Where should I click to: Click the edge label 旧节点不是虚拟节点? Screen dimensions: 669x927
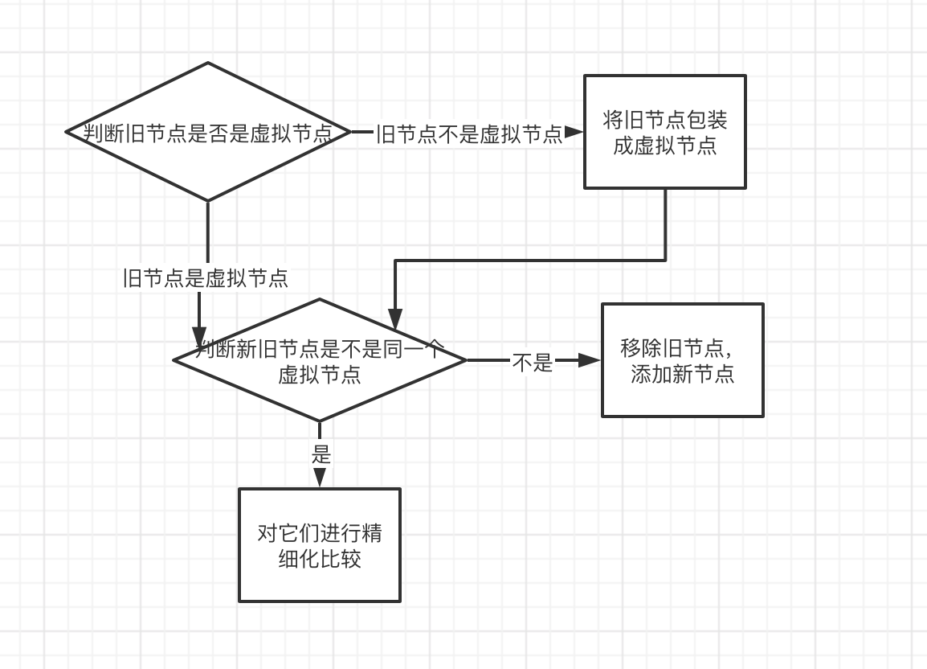[469, 133]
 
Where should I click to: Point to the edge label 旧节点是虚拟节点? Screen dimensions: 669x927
[206, 278]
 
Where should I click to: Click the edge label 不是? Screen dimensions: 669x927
[533, 363]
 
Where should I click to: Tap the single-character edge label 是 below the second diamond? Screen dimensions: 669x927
[321, 454]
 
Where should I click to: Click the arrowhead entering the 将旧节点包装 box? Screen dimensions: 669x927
[574, 133]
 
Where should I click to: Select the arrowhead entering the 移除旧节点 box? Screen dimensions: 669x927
[590, 361]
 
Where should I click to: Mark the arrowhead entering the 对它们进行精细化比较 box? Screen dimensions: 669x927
[320, 478]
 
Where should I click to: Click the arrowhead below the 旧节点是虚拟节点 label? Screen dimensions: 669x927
[199, 336]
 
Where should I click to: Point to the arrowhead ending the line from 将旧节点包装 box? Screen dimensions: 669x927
[394, 320]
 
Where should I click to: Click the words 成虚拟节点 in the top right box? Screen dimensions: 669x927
[664, 146]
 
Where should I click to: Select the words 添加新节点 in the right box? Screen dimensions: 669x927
[682, 375]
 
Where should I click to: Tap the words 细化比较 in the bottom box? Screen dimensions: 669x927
[320, 559]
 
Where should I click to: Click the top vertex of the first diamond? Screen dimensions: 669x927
[208, 63]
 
